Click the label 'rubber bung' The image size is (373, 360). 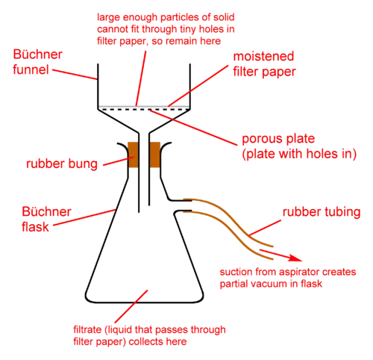pos(62,164)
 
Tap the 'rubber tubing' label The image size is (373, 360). pos(322,212)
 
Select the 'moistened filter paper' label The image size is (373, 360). pos(264,64)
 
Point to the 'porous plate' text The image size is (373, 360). pos(278,139)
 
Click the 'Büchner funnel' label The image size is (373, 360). pos(37,62)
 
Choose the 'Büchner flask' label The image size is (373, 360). pos(46,219)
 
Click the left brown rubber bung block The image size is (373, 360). pos(133,155)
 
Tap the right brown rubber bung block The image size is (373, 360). pos(154,155)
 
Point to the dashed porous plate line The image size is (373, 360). pos(144,109)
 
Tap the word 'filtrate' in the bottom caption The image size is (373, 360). pos(87,329)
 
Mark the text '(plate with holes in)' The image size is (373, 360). pos(299,154)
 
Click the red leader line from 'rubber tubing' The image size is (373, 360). pos(265,228)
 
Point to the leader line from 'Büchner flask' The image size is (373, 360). pos(85,217)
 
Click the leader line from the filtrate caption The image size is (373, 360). pos(131,306)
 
